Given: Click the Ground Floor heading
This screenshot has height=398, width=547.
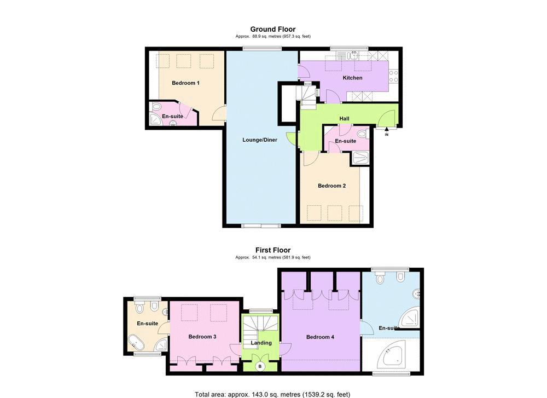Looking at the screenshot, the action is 273,30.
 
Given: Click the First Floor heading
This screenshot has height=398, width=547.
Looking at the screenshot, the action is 273,250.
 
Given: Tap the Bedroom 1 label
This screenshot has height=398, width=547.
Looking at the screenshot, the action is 185,83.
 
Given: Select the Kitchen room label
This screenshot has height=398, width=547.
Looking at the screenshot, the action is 352,78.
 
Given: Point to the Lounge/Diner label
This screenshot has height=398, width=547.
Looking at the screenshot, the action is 260,140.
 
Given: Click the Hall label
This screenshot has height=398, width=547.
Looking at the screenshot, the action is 344,119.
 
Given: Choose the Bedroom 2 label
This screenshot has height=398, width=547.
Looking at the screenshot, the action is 332,186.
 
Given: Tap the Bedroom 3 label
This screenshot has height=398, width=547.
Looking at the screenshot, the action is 202,337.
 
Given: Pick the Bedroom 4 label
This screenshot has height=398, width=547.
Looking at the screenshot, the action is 320,337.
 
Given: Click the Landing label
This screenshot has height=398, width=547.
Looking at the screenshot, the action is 261,343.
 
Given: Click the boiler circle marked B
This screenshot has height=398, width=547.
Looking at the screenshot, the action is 260,367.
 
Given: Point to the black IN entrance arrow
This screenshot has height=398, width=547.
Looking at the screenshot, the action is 387,130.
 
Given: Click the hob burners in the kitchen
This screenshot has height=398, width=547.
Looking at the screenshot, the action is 393,77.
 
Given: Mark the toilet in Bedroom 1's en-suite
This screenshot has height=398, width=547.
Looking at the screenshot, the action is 156,107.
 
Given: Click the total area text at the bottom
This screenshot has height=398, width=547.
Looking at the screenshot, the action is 272,395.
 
